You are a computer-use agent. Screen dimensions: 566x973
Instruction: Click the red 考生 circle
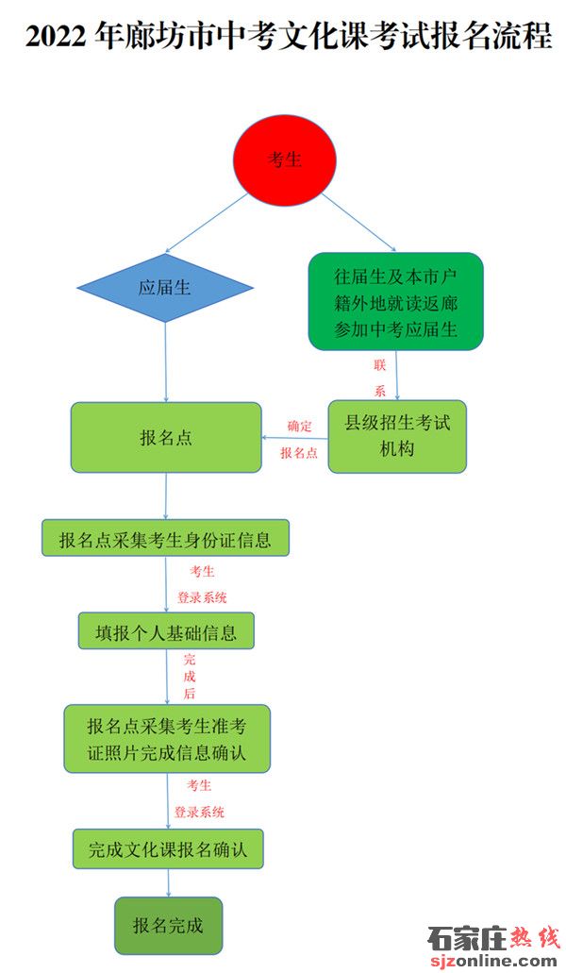[285, 159]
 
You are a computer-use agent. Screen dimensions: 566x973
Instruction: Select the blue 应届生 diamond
[165, 287]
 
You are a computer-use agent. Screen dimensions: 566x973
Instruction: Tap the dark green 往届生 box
[395, 302]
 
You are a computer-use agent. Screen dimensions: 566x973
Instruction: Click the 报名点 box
[166, 438]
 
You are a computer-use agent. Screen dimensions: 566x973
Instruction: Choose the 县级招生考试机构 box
[397, 436]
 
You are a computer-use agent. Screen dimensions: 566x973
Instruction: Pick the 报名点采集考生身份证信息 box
[165, 538]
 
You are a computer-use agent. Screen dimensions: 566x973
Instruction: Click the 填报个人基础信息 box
[166, 631]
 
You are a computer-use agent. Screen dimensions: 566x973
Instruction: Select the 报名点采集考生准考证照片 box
[167, 738]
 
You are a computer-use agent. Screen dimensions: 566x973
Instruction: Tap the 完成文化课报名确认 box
[168, 848]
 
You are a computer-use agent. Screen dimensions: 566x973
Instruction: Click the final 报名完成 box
[168, 925]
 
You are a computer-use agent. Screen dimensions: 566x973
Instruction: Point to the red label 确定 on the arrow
[299, 427]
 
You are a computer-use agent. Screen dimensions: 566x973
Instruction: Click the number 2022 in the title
[57, 37]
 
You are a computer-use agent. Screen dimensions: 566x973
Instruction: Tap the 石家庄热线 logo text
[493, 939]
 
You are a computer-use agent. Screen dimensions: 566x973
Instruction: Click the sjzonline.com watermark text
[493, 961]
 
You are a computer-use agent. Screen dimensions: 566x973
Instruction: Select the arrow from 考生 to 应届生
[207, 223]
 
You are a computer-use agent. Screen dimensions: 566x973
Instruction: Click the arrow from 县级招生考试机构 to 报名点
[294, 438]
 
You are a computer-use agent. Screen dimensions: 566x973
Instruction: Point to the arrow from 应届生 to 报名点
[165, 362]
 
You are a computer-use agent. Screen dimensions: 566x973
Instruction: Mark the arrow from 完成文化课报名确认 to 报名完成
[168, 883]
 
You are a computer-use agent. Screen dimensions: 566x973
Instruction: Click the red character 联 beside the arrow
[379, 365]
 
